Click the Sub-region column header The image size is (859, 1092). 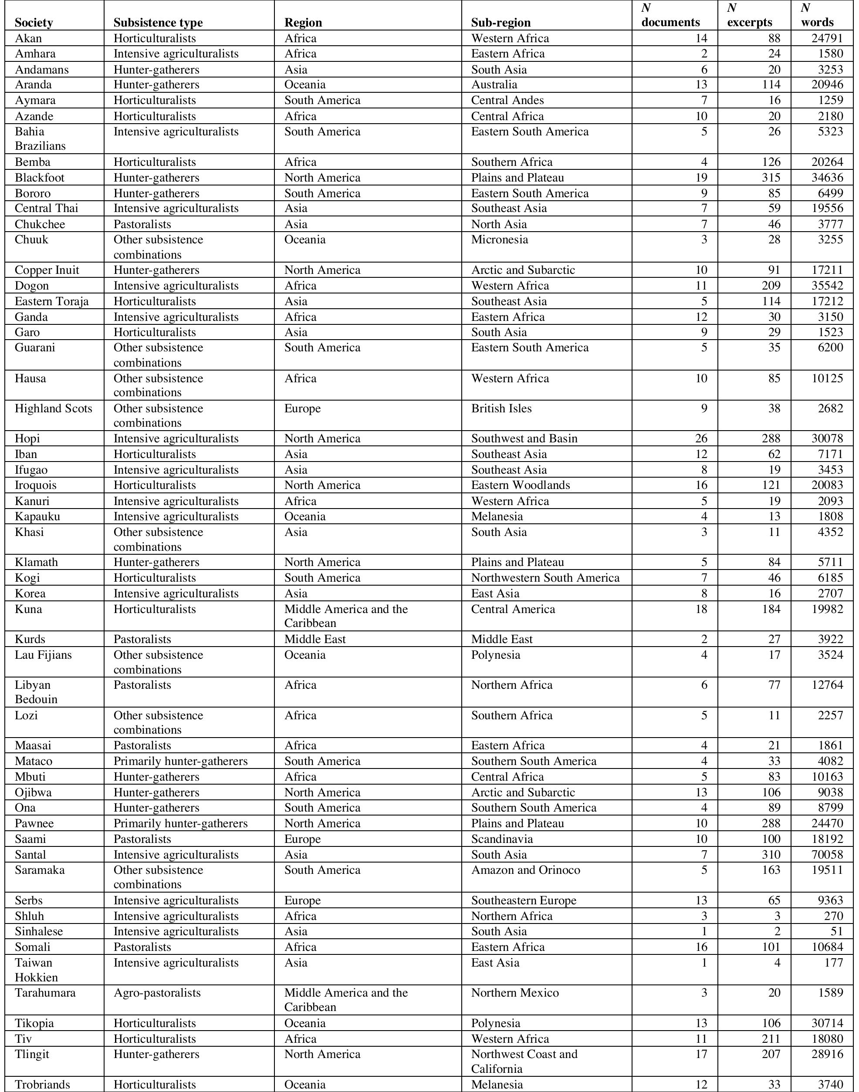coord(501,23)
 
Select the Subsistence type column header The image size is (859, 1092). coord(158,23)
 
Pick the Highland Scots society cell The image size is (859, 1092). coord(53,408)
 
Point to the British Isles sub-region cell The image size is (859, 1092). coord(501,408)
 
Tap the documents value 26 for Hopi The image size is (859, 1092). coord(700,438)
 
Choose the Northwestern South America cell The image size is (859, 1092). coord(545,578)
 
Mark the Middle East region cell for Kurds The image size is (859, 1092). coord(315,639)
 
